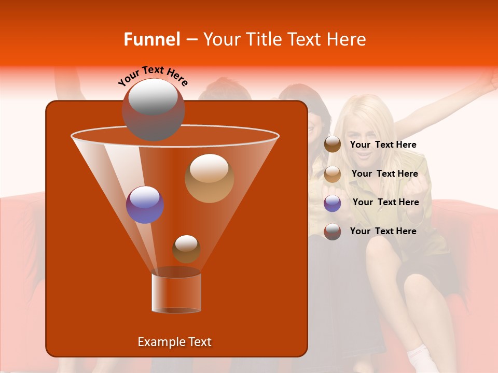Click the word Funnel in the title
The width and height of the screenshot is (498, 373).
coord(152,39)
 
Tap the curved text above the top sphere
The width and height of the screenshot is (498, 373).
coord(153,76)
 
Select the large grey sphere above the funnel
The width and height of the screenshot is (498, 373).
coord(153,109)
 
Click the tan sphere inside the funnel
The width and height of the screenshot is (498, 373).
coord(209,178)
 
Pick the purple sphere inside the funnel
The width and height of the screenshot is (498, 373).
coord(145,204)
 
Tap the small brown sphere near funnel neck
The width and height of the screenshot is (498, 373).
coord(186,249)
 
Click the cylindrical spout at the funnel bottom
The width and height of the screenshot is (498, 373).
coord(176,293)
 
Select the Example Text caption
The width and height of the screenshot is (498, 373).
coord(174,342)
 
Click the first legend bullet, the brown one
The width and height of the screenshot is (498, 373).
coord(333,145)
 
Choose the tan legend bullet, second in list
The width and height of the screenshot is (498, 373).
coord(333,174)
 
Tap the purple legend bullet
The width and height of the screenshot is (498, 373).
coord(333,203)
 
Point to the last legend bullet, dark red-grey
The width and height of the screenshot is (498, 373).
coord(333,232)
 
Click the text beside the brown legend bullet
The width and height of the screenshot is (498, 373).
coord(383,145)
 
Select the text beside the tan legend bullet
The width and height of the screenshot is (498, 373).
coord(384,174)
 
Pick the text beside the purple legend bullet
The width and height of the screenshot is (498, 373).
coord(385,203)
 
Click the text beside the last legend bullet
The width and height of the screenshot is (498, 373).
coord(383,231)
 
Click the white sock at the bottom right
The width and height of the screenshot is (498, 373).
coord(418,357)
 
